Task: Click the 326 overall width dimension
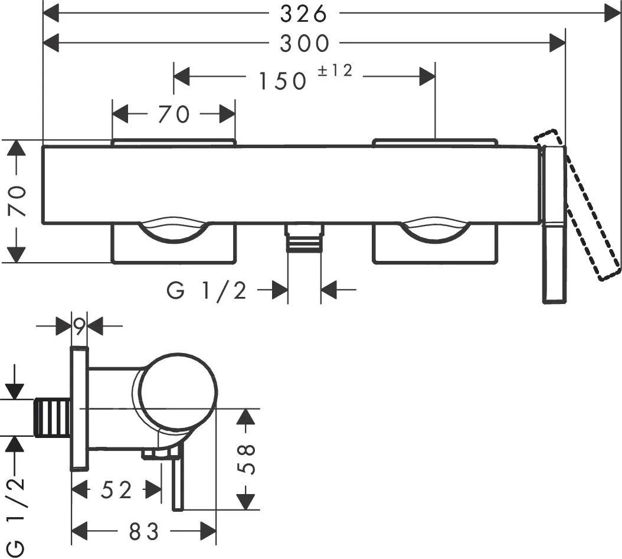tap(304, 14)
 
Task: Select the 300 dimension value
tap(305, 43)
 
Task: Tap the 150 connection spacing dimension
tap(283, 81)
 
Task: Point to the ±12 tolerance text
tap(335, 71)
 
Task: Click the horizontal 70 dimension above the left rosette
tap(174, 115)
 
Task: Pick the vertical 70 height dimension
tap(18, 201)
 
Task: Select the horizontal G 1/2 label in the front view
tap(207, 291)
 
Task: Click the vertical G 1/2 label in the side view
tap(16, 516)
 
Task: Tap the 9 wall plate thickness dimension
tap(79, 326)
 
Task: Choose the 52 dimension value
tap(116, 490)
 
